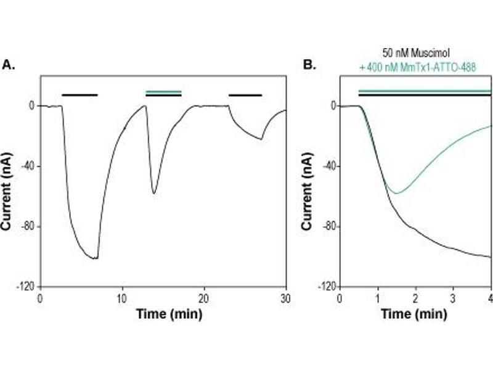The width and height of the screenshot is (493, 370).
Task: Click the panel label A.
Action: click(x=9, y=64)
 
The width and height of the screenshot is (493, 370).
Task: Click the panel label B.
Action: click(x=308, y=64)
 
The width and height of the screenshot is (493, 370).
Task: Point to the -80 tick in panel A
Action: click(x=26, y=226)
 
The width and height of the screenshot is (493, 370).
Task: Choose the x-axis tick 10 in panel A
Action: click(x=123, y=298)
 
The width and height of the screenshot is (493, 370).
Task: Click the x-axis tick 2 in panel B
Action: click(x=416, y=298)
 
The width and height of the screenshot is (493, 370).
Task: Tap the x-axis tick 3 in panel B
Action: click(x=454, y=298)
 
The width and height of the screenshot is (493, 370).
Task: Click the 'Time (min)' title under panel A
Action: click(x=163, y=313)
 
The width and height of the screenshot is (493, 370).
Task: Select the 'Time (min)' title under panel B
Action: click(x=415, y=313)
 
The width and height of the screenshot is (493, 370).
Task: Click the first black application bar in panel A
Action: click(x=79, y=95)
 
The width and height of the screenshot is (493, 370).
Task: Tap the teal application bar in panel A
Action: click(x=163, y=92)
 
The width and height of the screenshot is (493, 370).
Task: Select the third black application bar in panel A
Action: click(x=245, y=95)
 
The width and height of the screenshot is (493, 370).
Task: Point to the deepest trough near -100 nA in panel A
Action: click(x=96, y=258)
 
